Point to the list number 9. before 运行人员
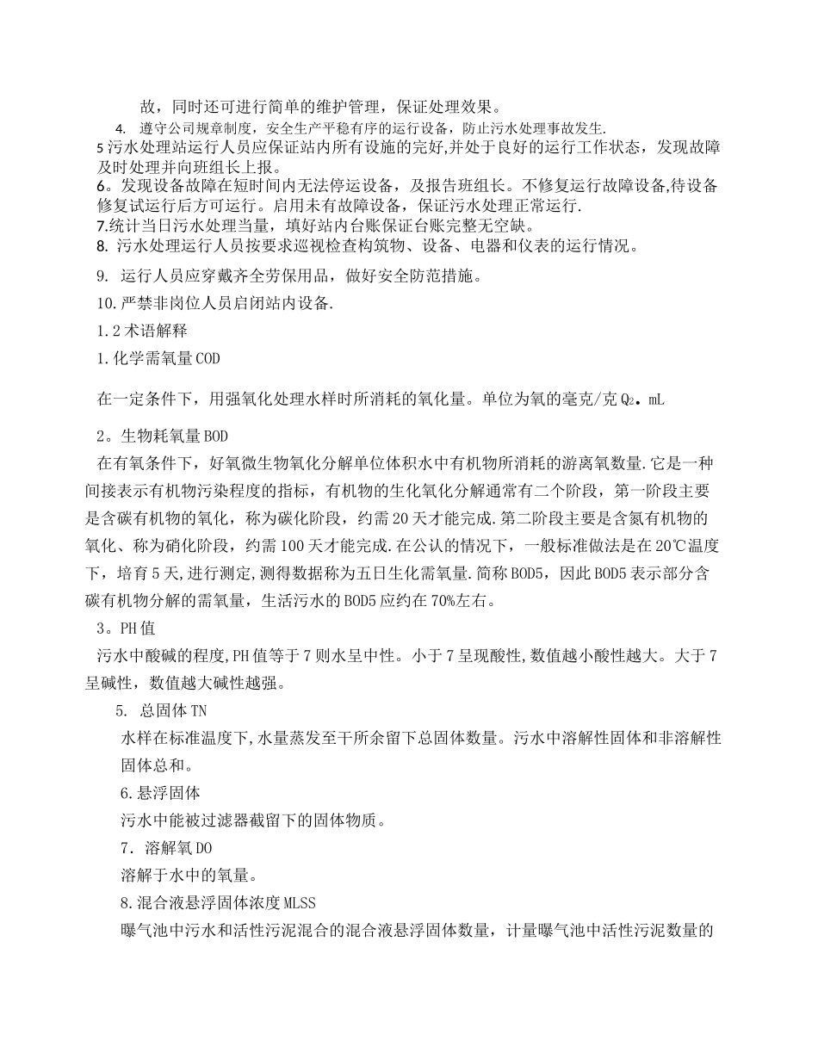pyautogui.click(x=103, y=276)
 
